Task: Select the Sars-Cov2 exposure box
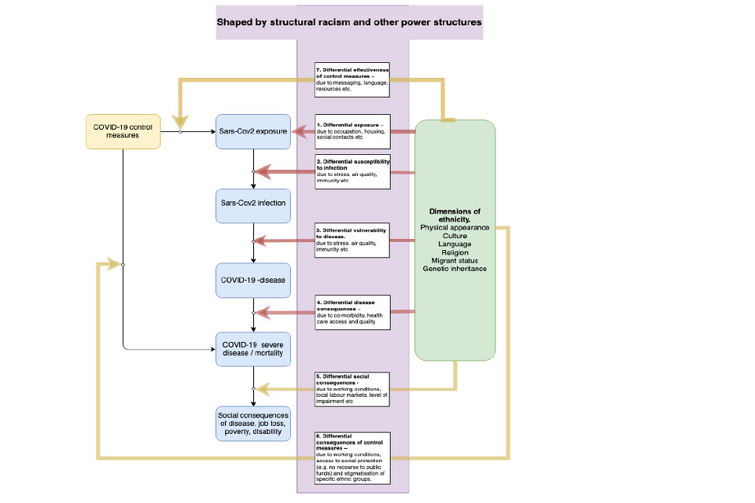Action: (252, 130)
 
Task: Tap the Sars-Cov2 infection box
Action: (252, 204)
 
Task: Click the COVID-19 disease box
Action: (252, 280)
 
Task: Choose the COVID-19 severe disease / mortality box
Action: (252, 350)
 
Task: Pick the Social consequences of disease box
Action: (252, 424)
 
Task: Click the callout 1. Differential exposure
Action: (351, 130)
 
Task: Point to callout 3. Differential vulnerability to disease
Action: (351, 239)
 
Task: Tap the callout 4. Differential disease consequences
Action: (351, 311)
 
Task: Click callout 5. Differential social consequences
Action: (351, 388)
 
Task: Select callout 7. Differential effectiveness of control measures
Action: (351, 79)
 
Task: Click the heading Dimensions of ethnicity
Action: (455, 215)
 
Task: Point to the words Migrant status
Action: (455, 261)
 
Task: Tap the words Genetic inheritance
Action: (455, 270)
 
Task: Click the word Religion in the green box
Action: (455, 252)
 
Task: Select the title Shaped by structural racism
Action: (349, 23)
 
